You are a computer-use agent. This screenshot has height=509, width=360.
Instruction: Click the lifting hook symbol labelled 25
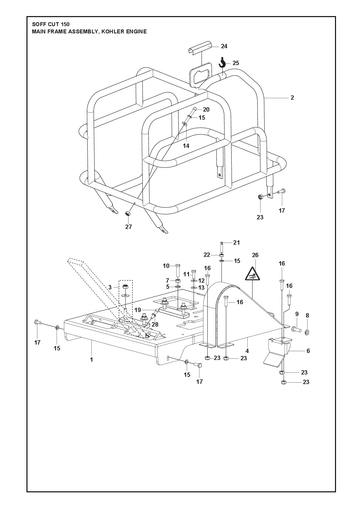(222, 62)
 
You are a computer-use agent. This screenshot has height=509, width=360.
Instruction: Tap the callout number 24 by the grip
(224, 46)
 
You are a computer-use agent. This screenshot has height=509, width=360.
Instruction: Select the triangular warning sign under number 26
(253, 274)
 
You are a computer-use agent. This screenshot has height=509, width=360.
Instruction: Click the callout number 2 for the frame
(292, 98)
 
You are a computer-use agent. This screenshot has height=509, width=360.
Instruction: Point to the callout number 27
(128, 227)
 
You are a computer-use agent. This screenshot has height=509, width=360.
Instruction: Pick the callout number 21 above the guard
(236, 243)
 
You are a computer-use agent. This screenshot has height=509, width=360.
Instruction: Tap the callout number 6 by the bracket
(308, 351)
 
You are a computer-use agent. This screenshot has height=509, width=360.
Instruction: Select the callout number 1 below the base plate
(91, 360)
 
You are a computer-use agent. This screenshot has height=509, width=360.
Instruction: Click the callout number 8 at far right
(307, 315)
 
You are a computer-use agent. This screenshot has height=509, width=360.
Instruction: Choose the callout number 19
(138, 310)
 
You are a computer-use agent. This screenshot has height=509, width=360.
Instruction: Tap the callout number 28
(155, 324)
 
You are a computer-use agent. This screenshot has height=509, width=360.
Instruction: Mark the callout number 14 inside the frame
(186, 146)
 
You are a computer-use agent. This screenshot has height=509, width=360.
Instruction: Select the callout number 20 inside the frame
(206, 109)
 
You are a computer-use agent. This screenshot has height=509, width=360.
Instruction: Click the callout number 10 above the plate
(166, 266)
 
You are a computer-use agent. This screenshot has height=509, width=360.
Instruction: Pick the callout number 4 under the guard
(247, 351)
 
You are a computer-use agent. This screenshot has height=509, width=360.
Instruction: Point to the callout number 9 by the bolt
(296, 314)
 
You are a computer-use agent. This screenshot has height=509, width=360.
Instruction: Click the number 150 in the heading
(65, 24)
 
